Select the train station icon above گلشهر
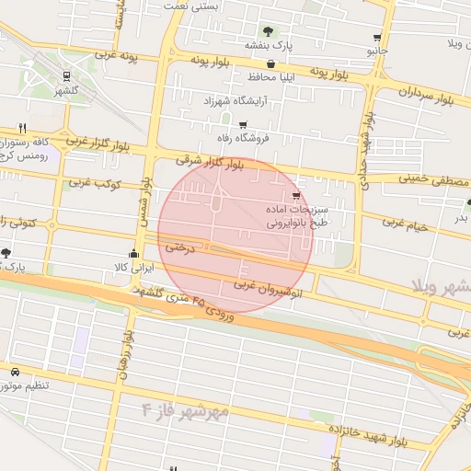click(x=66, y=77)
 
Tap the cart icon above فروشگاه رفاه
click(x=242, y=124)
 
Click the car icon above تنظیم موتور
click(x=15, y=371)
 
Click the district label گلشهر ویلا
click(x=442, y=286)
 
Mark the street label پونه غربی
click(x=114, y=58)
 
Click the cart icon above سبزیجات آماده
click(x=294, y=196)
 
